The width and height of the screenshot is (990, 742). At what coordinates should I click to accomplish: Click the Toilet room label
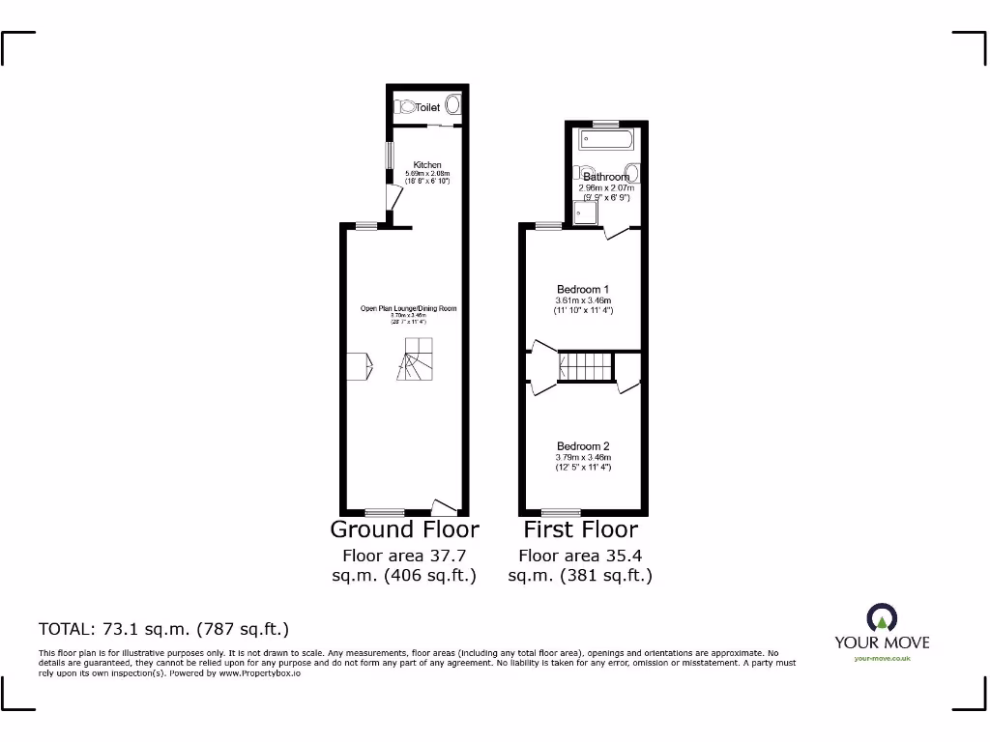427,108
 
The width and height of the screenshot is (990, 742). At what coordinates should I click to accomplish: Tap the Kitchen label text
427,165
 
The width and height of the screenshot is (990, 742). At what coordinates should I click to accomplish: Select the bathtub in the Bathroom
606,141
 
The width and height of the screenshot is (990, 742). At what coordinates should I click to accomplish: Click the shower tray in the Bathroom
584,212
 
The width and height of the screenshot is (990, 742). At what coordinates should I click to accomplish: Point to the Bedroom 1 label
583,289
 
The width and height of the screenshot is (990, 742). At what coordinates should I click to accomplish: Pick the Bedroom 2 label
583,446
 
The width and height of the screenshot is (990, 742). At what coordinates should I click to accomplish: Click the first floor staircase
586,367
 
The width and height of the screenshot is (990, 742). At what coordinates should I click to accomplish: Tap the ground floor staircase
417,361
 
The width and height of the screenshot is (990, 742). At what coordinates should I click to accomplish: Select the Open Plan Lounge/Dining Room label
408,309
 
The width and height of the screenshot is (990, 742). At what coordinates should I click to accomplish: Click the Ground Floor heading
404,529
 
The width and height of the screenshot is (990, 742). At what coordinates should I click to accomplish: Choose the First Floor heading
580,529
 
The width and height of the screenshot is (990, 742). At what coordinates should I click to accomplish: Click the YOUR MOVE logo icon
881,617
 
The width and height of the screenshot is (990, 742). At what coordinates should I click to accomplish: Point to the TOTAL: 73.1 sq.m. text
163,629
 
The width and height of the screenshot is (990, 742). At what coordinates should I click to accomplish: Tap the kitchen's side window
390,157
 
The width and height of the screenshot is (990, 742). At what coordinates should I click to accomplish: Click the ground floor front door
443,506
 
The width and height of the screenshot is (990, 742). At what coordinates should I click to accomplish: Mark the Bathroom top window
606,124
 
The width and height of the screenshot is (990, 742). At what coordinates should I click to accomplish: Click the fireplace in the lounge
357,366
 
